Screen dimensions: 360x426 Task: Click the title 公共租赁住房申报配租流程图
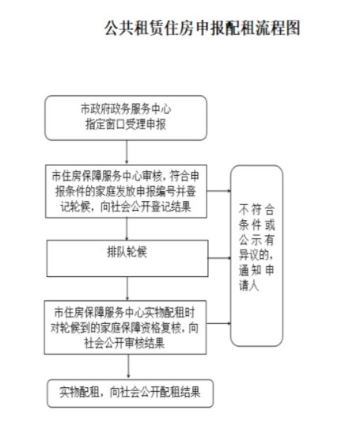click(203, 28)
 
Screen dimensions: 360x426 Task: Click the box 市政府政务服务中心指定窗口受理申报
click(126, 118)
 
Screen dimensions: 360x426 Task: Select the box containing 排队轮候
click(127, 258)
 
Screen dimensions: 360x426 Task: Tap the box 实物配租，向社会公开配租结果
click(130, 393)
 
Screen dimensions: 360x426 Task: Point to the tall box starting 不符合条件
click(256, 256)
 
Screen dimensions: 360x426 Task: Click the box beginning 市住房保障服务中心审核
click(127, 192)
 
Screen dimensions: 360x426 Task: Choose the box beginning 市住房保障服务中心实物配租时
click(125, 327)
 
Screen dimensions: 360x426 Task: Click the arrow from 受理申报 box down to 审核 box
click(127, 152)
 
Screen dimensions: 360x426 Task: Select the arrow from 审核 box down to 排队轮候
click(127, 229)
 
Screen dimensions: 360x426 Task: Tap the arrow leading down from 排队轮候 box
click(127, 289)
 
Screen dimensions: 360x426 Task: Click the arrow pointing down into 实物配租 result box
click(128, 367)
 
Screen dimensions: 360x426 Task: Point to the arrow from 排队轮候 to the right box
click(219, 258)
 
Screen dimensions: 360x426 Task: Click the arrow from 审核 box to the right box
click(219, 191)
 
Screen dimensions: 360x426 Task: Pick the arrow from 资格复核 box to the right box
click(218, 324)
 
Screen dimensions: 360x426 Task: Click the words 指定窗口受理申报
click(126, 124)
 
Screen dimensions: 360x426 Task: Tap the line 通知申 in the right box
click(256, 270)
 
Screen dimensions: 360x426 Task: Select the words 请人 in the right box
click(248, 285)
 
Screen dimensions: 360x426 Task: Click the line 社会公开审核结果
click(124, 343)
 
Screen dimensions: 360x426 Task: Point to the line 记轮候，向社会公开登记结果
click(126, 207)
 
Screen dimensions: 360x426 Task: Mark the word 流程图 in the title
click(278, 28)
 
